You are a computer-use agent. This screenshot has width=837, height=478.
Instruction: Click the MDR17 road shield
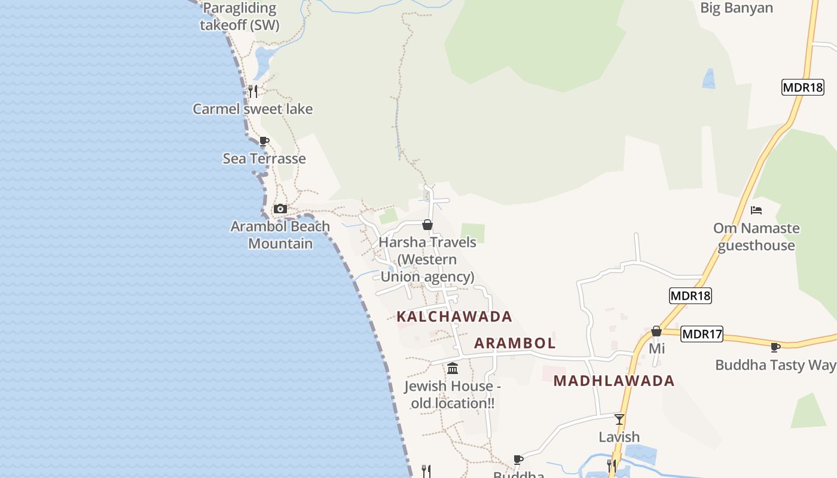tap(702, 335)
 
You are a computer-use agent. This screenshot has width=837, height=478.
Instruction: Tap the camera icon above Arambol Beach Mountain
tap(280, 209)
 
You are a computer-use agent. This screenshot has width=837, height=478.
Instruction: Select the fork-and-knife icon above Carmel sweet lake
tap(253, 91)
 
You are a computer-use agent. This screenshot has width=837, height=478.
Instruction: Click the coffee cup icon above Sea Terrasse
tap(264, 142)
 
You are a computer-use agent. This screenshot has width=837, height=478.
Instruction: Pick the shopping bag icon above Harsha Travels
tap(427, 225)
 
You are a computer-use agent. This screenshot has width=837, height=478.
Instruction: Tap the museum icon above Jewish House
tap(453, 368)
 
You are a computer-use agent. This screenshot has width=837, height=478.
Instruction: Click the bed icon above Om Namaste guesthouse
tap(756, 210)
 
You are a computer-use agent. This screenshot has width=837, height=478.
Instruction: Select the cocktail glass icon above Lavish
tap(619, 419)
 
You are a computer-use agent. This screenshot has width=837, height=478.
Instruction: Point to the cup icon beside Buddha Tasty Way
tap(775, 347)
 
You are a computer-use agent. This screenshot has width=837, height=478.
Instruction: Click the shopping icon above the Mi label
tap(656, 331)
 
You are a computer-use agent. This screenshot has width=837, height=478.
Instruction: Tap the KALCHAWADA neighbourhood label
tap(454, 317)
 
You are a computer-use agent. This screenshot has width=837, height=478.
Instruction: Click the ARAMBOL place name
tap(515, 344)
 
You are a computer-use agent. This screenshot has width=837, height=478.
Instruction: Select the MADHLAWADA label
tap(614, 381)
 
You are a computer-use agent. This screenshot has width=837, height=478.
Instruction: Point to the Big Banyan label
tap(737, 8)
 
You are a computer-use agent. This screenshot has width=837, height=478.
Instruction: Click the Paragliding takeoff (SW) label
tap(240, 17)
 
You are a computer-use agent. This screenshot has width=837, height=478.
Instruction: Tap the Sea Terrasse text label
tap(264, 159)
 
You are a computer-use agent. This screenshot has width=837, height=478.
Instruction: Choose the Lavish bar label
tap(619, 437)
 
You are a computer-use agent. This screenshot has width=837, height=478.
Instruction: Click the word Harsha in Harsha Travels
tap(401, 243)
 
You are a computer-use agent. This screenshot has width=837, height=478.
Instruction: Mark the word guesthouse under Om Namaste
tap(756, 246)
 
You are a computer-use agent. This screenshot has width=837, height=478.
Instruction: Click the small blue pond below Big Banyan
tap(709, 79)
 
